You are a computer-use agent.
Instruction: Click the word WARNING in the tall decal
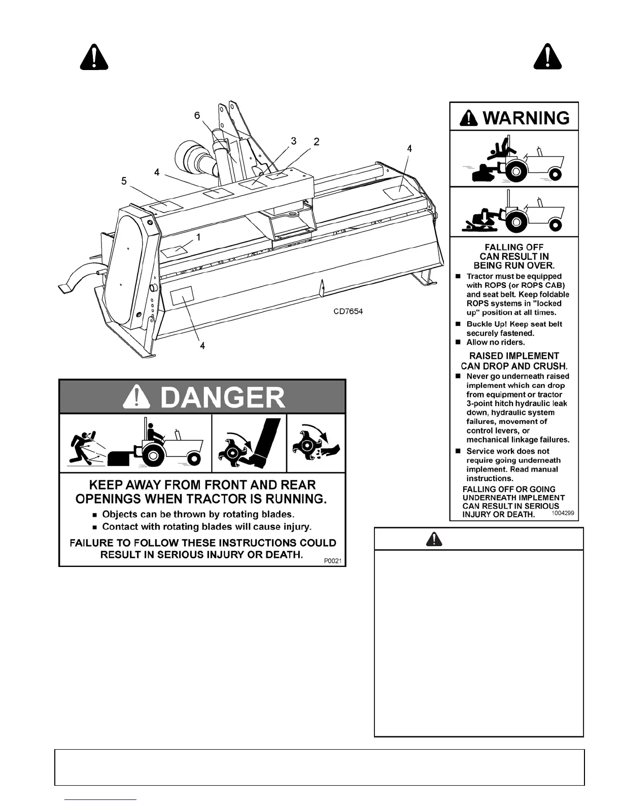click(526, 118)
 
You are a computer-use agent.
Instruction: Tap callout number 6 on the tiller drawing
click(197, 116)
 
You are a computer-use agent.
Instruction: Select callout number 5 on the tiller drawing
click(124, 181)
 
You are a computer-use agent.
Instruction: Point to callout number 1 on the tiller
click(198, 237)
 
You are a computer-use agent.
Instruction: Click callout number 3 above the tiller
click(294, 141)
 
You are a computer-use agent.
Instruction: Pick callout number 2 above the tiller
click(316, 142)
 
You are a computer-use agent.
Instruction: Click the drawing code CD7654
click(348, 311)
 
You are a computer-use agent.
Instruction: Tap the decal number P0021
click(332, 560)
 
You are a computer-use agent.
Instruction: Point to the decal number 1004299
click(562, 513)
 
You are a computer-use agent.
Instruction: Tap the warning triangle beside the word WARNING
click(469, 118)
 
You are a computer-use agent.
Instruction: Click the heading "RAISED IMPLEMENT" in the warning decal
click(513, 356)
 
